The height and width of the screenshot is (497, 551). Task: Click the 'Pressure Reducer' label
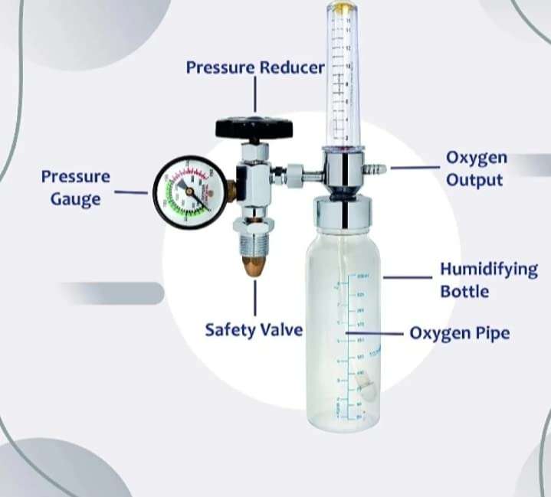pyautogui.click(x=255, y=67)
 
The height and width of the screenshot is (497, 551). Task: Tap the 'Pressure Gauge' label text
pyautogui.click(x=75, y=188)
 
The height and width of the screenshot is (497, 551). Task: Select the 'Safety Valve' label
pyautogui.click(x=254, y=330)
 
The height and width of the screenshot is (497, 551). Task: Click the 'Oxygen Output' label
pyautogui.click(x=476, y=169)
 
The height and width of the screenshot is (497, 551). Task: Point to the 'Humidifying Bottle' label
pyautogui.click(x=488, y=280)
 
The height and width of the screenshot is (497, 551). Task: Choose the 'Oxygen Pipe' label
pyautogui.click(x=459, y=333)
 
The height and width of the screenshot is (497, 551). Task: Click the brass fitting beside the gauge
pyautogui.click(x=229, y=188)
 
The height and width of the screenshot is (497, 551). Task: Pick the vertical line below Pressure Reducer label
pyautogui.click(x=255, y=96)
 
